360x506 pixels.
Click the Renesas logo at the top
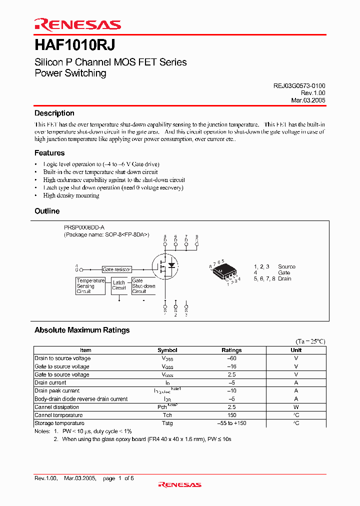(x=77, y=24)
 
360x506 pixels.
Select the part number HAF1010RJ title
(x=74, y=44)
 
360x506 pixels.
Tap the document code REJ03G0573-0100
(x=299, y=85)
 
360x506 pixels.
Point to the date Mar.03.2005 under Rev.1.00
(x=308, y=100)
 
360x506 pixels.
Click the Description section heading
(x=54, y=113)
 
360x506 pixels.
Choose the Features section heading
(x=49, y=153)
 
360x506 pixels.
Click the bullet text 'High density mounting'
(x=71, y=195)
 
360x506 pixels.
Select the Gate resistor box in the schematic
(x=116, y=269)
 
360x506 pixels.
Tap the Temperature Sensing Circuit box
(x=90, y=286)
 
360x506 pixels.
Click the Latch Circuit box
(x=119, y=285)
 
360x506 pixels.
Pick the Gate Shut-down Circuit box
(x=143, y=286)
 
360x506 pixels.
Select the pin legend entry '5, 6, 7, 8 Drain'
(x=272, y=278)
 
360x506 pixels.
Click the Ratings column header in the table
(x=231, y=350)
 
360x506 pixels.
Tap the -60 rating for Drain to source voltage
(x=231, y=358)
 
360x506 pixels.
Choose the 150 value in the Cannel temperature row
(x=231, y=415)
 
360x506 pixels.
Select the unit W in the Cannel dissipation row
(x=296, y=407)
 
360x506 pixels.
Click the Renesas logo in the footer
(x=179, y=484)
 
